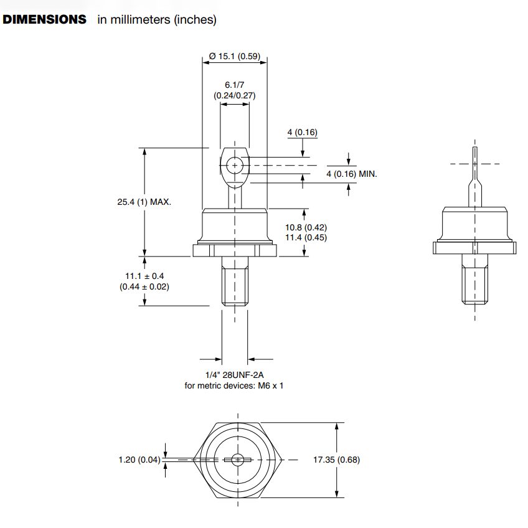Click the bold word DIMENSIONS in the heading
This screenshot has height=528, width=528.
click(x=45, y=19)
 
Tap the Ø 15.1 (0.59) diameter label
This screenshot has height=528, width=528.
click(x=235, y=57)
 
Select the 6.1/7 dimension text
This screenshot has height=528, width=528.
click(x=235, y=85)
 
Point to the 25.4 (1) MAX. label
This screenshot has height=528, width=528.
click(x=144, y=202)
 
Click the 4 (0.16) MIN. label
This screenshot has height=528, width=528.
click(x=352, y=174)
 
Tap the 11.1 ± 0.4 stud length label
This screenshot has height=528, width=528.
click(x=144, y=276)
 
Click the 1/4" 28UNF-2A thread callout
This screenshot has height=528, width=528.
click(x=235, y=375)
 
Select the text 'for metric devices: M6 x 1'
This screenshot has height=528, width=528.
click(x=235, y=385)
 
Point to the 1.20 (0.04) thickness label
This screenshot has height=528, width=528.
click(x=139, y=460)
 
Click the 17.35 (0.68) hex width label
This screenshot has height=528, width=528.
click(x=336, y=460)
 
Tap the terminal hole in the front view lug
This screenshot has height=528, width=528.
click(x=235, y=165)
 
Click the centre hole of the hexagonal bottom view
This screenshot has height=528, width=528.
click(x=237, y=460)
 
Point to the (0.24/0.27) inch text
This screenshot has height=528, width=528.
click(x=235, y=96)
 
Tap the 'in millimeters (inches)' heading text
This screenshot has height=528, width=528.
click(x=156, y=19)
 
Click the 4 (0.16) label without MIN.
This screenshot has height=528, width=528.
click(x=302, y=132)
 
